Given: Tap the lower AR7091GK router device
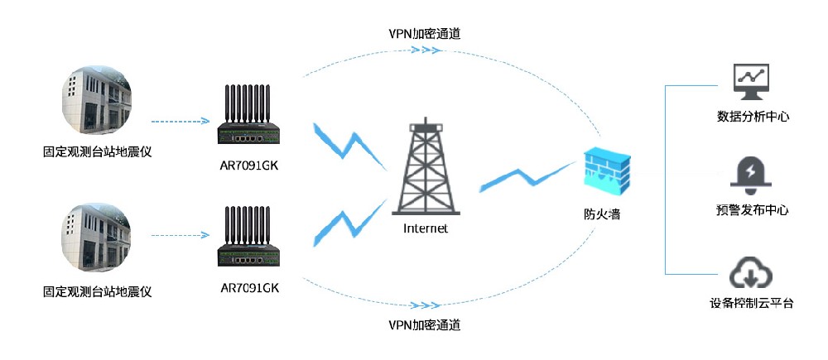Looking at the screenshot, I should click(x=250, y=245).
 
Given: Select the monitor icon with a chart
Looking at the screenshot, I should click(x=752, y=80).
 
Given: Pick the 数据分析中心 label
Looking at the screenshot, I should click(x=752, y=117).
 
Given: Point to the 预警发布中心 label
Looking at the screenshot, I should click(x=752, y=210).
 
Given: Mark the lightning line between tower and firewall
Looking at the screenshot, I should click(x=526, y=177).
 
